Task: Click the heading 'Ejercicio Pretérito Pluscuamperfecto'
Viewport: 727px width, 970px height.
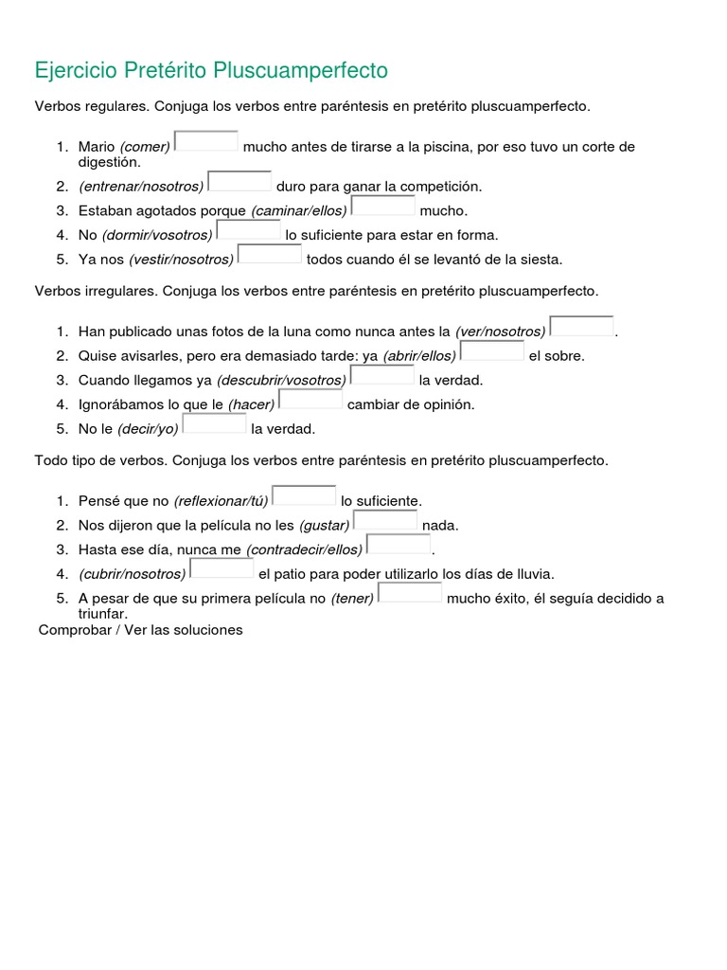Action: [211, 70]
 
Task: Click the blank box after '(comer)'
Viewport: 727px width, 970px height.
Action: [206, 141]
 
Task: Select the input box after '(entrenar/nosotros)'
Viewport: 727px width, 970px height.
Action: [239, 181]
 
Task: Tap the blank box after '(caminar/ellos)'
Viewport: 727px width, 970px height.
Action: [383, 206]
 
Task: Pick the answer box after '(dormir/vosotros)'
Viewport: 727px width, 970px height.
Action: [249, 230]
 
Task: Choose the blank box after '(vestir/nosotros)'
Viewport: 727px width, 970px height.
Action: [270, 254]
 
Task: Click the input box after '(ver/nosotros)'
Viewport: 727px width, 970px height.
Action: [581, 327]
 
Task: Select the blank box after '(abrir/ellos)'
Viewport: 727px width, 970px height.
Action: [492, 351]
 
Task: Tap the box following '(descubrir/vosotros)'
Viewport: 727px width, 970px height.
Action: [382, 375]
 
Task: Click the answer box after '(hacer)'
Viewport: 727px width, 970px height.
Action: [311, 400]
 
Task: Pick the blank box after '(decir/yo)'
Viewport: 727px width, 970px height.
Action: [215, 423]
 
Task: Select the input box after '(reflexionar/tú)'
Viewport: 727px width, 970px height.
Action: [305, 495]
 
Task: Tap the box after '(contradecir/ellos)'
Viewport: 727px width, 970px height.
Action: [399, 544]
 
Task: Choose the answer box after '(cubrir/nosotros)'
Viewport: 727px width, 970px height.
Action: [222, 568]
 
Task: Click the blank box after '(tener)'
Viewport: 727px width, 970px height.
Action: [410, 593]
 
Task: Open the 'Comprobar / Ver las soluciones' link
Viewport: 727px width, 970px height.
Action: [141, 630]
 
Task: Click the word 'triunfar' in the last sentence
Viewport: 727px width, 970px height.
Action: [102, 613]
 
